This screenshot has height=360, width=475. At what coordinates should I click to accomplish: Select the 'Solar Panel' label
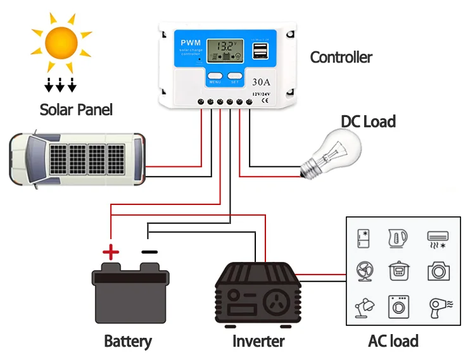76,109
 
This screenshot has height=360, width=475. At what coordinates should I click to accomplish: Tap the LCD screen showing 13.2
226,51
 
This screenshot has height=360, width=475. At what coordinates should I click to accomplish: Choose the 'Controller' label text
341,58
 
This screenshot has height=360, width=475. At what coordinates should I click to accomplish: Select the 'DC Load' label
368,121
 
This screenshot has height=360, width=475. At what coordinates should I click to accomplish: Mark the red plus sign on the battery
111,252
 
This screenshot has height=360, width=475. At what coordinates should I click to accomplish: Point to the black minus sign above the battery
149,252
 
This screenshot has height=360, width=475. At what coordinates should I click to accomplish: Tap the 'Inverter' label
258,342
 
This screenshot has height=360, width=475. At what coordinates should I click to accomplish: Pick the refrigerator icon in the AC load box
364,238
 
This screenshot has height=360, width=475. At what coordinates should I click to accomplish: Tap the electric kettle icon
398,238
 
